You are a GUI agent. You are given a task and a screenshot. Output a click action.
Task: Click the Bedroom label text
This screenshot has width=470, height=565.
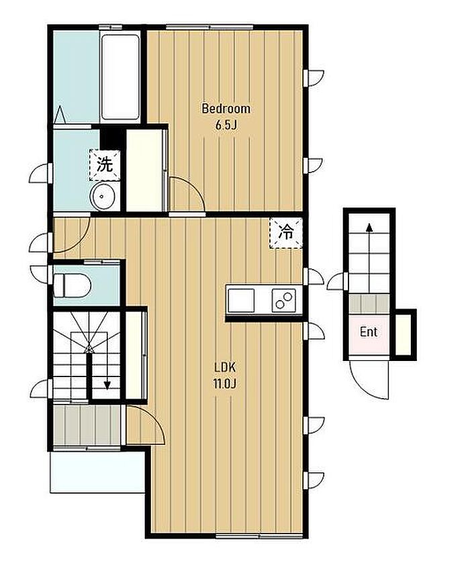226,109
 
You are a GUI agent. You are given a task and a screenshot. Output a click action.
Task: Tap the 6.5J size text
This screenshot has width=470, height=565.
226,125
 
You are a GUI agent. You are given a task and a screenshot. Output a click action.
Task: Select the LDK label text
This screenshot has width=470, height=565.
225,368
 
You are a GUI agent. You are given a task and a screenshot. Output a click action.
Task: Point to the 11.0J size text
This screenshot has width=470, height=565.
225,384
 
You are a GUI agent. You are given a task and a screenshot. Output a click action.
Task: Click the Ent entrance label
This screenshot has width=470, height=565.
369,332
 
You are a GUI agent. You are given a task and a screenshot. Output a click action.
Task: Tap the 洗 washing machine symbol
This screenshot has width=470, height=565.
105,164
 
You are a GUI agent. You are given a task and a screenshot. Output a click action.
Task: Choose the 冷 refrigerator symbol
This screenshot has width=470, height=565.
286,233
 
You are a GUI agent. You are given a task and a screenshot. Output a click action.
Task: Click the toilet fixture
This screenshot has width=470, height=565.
72,285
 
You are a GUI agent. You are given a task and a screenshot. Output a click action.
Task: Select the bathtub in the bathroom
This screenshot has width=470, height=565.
120,76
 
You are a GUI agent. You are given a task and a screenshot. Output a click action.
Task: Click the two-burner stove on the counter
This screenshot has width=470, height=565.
283,300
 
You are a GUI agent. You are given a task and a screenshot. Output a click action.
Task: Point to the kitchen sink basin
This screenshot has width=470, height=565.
241,301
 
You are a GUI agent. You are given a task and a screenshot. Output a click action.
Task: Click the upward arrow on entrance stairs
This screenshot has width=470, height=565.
369,258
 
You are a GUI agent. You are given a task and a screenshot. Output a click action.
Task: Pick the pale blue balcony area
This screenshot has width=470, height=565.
97,471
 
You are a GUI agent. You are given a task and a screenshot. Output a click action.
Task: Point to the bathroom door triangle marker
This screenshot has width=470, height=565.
60,114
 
